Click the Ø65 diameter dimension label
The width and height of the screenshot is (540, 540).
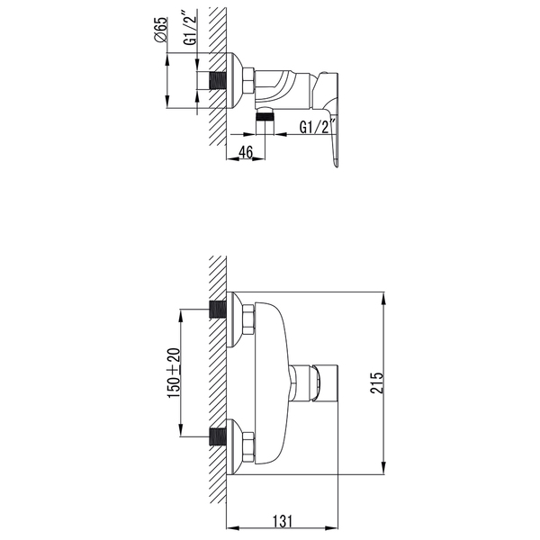[159, 32]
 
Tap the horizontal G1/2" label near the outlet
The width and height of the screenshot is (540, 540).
[318, 129]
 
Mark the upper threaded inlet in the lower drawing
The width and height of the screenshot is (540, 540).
[216, 310]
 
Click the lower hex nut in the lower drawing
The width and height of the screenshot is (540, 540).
[248, 444]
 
